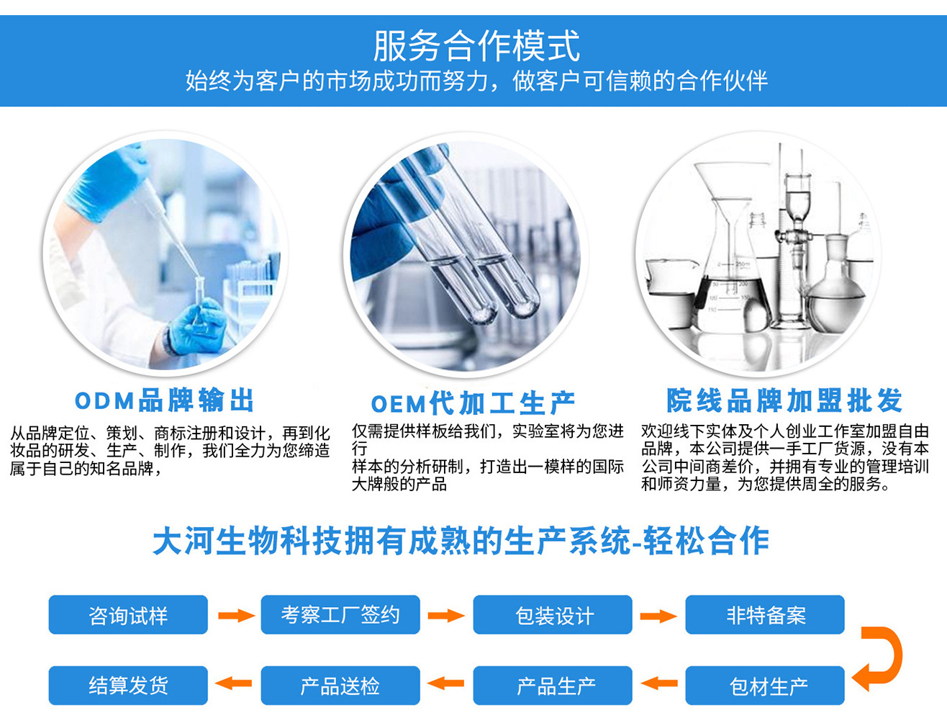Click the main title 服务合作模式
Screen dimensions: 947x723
pos(476,46)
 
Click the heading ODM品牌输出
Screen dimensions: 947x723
pos(164,400)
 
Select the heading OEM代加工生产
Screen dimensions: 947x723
pos(473,403)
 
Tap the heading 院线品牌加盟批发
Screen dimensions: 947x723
pos(784,400)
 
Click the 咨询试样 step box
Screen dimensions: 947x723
pos(128,615)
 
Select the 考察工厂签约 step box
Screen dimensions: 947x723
pos(340,615)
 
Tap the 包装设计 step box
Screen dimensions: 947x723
pos(553,615)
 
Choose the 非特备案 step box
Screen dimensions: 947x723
pos(765,615)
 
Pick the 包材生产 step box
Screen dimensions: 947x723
pos(765,686)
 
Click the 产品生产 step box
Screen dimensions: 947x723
pos(553,686)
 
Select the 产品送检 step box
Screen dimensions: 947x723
pos(340,686)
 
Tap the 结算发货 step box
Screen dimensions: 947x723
pos(128,686)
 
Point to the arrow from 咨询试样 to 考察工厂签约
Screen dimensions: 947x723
pos(237,616)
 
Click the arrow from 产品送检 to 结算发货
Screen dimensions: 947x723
pos(233,683)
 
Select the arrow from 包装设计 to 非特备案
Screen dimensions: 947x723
pos(658,616)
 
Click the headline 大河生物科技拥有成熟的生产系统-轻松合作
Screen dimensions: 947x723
pos(461,540)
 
